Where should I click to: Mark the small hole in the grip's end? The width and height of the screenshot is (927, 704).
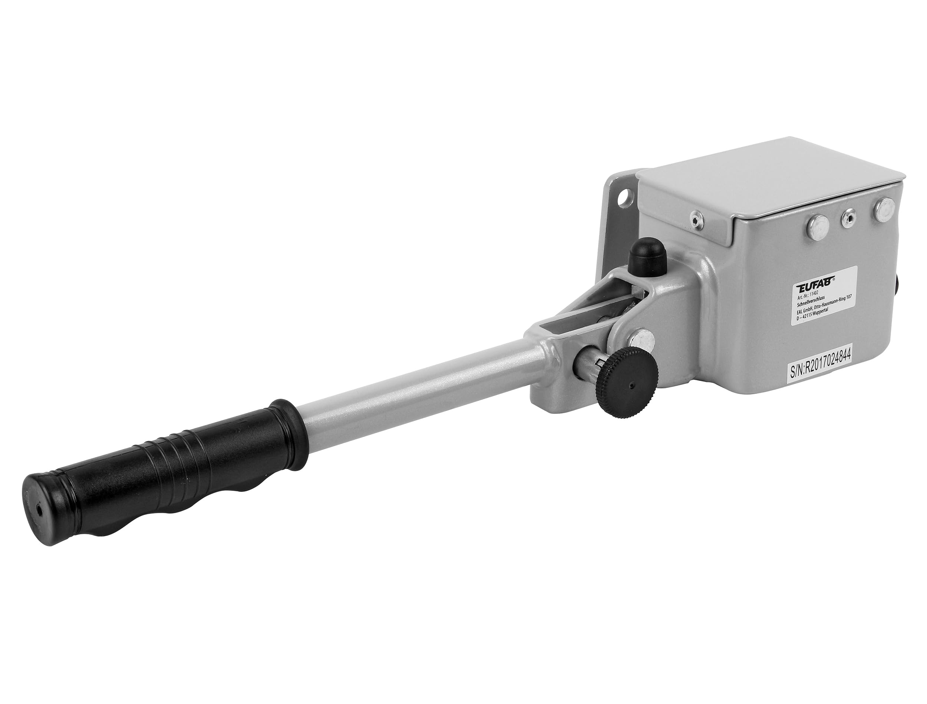click(x=40, y=511)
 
